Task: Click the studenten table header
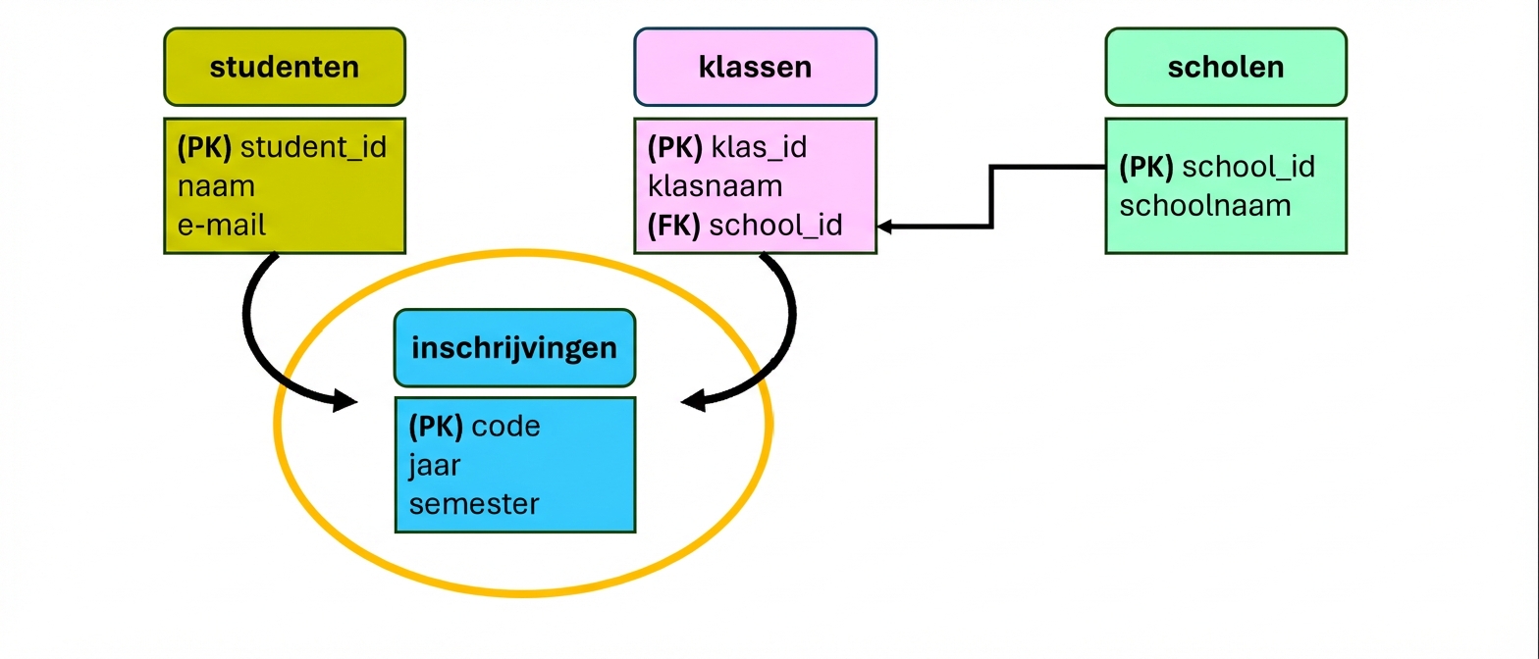click(284, 67)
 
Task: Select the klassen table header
click(755, 67)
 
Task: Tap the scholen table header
click(1225, 67)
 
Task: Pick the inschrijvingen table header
click(514, 348)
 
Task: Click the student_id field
click(313, 147)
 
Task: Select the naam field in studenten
click(216, 186)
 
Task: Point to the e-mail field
click(222, 225)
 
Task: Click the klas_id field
click(758, 147)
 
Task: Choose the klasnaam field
click(715, 186)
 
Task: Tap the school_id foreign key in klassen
click(775, 226)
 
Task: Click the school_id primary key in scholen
click(1247, 167)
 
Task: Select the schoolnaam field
click(1204, 205)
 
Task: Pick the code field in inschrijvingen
click(505, 427)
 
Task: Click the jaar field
click(434, 465)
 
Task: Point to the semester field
click(474, 504)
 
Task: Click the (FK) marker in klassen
click(673, 226)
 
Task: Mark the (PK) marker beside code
click(435, 427)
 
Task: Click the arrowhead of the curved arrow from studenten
click(345, 400)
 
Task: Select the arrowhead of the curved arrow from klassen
click(694, 400)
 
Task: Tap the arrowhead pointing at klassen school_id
click(884, 227)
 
